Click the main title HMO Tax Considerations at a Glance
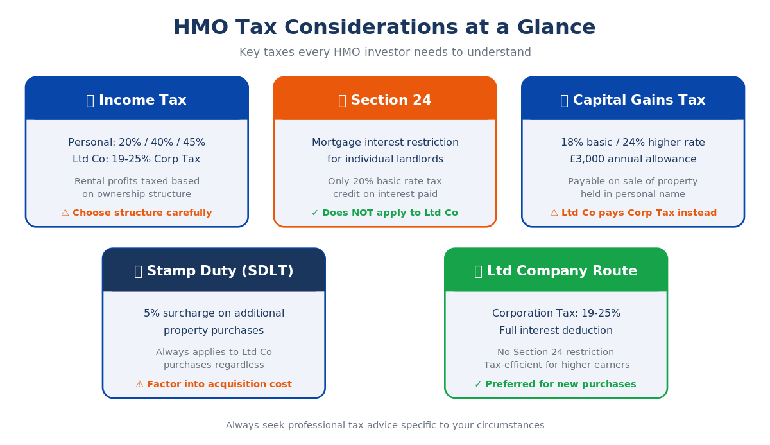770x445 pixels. tap(384, 28)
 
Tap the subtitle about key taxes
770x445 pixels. tap(385, 52)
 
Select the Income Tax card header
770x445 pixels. tap(137, 100)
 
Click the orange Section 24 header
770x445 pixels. tap(385, 100)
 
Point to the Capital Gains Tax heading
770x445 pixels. tap(633, 100)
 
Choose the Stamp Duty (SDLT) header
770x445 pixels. tap(214, 271)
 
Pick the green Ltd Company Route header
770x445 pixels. tap(556, 271)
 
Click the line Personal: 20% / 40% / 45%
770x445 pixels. tap(137, 143)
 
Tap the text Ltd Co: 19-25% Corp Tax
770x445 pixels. tap(137, 159)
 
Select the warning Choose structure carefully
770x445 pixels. tap(137, 213)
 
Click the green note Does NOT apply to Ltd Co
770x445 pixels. tap(385, 213)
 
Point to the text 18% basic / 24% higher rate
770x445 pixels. tap(633, 143)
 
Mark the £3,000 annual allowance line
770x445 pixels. tap(633, 159)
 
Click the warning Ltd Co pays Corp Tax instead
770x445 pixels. tap(633, 213)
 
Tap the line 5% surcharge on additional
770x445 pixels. tap(214, 313)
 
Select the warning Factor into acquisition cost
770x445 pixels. tap(214, 384)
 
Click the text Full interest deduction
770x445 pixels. tap(556, 331)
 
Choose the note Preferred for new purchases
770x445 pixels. tap(556, 384)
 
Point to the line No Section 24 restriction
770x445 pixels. tap(556, 352)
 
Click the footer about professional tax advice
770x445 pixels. tap(385, 425)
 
